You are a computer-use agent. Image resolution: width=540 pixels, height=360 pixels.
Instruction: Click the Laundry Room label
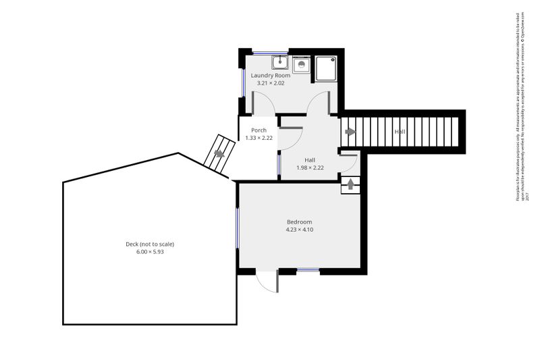point(271,76)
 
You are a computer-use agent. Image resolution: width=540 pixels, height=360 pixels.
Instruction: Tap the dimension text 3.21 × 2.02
point(271,83)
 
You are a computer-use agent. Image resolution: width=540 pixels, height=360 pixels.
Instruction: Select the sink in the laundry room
point(280,63)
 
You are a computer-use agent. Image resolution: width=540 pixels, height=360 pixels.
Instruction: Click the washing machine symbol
point(301,63)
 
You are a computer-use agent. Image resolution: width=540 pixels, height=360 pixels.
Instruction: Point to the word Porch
point(259,130)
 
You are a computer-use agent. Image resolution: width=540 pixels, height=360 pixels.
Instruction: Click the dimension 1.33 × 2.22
point(259,138)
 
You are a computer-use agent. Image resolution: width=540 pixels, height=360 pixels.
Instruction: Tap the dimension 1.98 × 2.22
point(310,168)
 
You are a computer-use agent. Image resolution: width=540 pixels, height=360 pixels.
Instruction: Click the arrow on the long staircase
point(350,132)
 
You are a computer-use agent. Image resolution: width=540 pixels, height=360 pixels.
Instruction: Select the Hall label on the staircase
point(400,132)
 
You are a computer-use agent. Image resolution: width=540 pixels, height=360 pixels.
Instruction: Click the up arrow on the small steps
point(350,184)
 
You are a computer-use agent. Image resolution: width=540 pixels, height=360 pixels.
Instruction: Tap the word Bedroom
point(299,222)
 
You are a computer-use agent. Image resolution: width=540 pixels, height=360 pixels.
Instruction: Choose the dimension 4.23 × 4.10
point(299,230)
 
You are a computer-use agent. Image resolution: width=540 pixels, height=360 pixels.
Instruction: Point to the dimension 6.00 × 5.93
point(150,252)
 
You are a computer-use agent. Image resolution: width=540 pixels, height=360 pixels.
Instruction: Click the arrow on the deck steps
point(219,153)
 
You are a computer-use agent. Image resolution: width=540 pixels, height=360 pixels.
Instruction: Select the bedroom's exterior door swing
point(268,282)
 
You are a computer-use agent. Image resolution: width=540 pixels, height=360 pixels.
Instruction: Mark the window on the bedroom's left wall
point(237,227)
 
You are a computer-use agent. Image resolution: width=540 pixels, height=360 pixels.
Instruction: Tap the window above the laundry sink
point(270,51)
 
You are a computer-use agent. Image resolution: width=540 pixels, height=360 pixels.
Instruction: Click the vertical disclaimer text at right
point(520,108)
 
